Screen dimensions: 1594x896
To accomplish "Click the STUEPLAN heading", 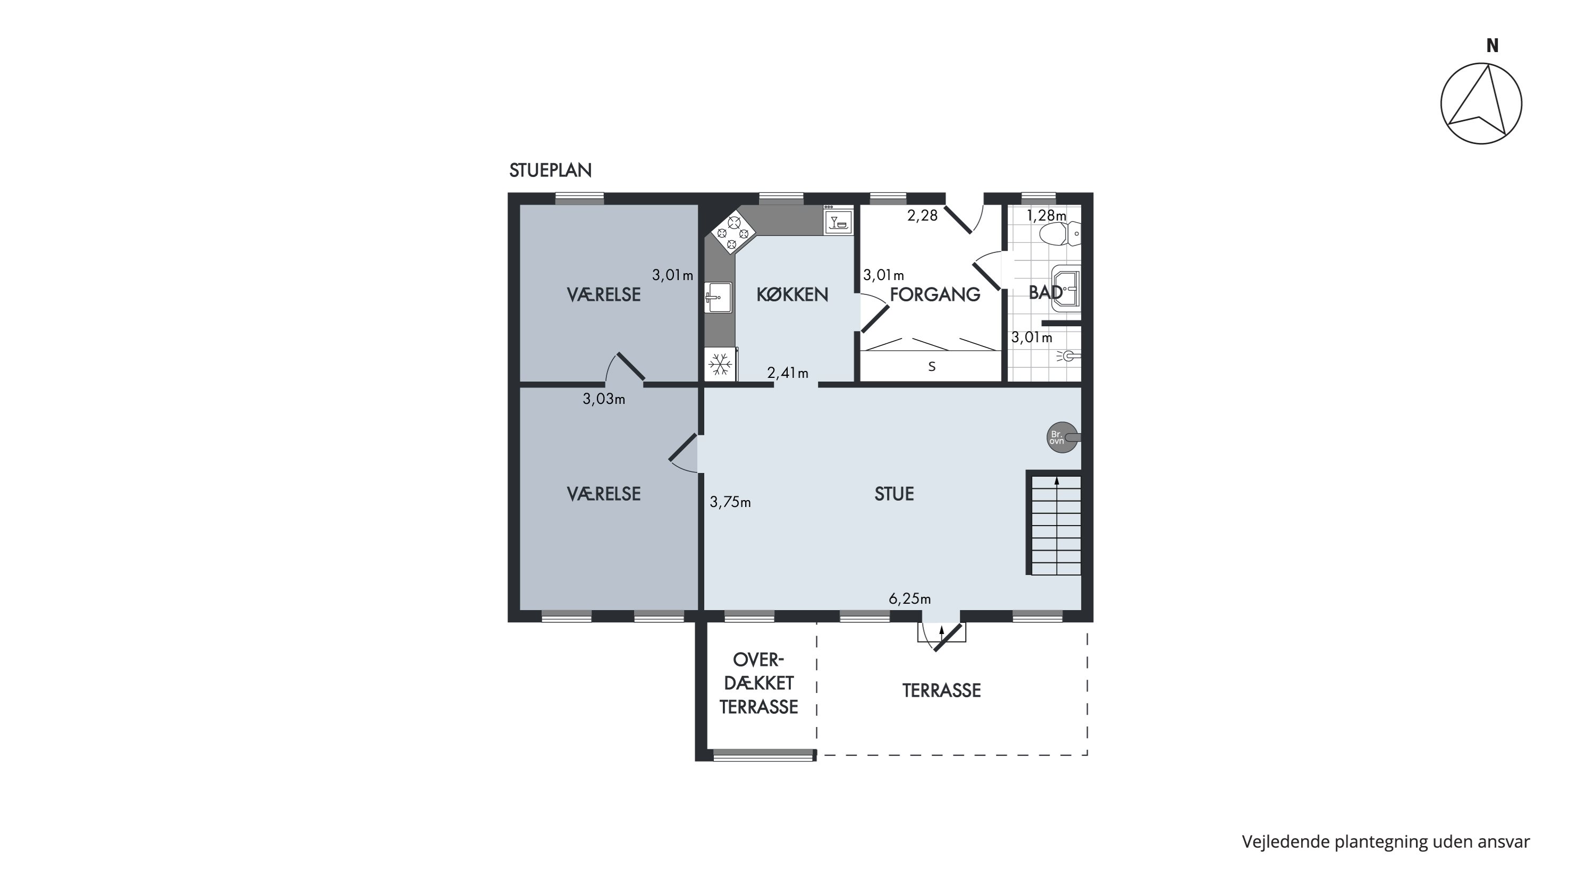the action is coord(550,170).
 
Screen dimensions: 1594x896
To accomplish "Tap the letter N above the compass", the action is coord(1492,46).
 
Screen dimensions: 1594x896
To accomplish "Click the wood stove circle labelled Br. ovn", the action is coord(1062,438).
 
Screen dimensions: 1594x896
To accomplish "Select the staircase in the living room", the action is coord(1055,523).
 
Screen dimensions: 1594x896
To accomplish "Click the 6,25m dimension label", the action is coord(909,599).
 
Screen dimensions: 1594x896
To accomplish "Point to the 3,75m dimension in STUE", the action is coord(730,502).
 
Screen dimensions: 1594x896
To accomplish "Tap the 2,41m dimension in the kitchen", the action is coord(788,373).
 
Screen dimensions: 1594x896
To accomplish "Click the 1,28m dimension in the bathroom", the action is coord(1047,216).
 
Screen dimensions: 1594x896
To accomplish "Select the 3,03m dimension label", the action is coord(604,400).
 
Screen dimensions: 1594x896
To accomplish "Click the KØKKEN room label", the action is coord(792,294).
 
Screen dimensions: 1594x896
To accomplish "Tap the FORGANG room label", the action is coord(935,294).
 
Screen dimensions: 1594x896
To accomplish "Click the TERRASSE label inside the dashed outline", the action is coord(941,690).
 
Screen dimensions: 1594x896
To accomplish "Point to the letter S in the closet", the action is coord(932,366).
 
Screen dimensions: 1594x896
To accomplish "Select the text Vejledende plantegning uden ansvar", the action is coord(1386,842).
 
